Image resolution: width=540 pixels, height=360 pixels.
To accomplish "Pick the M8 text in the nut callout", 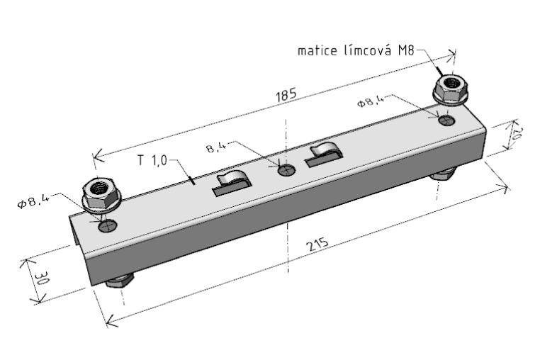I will [406, 51].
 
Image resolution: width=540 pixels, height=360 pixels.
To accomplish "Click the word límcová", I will [372, 51].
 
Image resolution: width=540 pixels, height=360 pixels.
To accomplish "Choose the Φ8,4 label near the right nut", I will [371, 102].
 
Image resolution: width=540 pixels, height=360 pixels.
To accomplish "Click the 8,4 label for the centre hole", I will [215, 149].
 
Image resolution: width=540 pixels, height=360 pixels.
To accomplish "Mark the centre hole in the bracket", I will [286, 170].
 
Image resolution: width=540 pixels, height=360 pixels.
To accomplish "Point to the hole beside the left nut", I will [108, 226].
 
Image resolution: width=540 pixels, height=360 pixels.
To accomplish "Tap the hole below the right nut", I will [446, 121].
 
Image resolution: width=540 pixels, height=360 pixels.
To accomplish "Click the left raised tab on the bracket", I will [232, 181].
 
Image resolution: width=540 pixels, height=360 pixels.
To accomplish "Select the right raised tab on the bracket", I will [324, 154].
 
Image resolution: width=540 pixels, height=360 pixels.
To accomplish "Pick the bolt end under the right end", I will [442, 174].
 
